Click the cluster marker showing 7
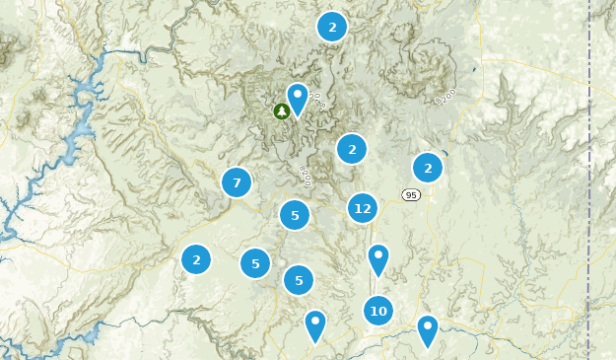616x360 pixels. click(237, 182)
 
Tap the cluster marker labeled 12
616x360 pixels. click(363, 208)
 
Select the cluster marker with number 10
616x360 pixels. click(377, 312)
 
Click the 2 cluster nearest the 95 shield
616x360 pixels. click(428, 168)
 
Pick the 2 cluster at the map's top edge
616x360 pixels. click(332, 27)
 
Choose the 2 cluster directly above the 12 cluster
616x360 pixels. click(352, 150)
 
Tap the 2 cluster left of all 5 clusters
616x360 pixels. click(196, 259)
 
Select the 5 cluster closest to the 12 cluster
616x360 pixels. click(295, 215)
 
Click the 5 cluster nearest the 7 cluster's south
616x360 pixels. click(255, 263)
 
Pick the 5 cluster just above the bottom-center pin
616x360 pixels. click(299, 280)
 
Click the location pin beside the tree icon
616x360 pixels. click(298, 98)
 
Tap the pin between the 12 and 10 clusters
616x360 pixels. click(377, 258)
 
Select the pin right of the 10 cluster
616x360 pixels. click(427, 329)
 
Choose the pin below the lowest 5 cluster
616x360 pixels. click(314, 324)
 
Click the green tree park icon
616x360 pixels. click(281, 110)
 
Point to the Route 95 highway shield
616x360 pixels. click(411, 195)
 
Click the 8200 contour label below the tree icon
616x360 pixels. click(304, 174)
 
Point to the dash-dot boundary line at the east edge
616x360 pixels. click(589, 178)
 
